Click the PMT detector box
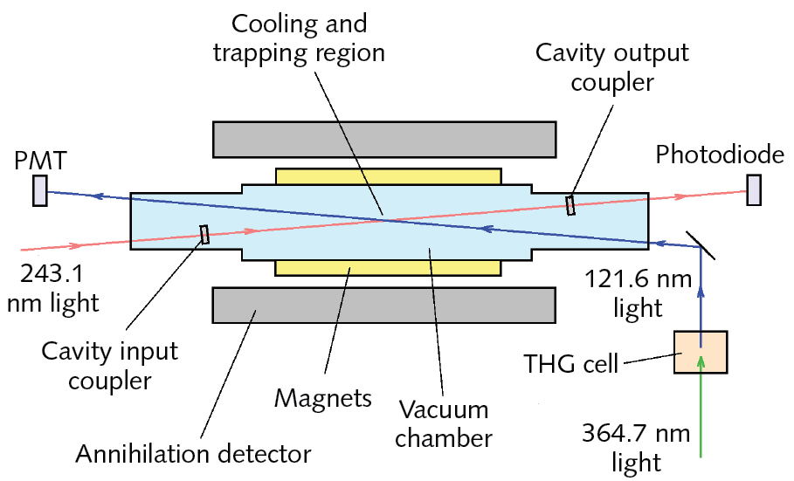coord(40,191)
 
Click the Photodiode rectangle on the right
coord(753,191)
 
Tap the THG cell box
coord(701,353)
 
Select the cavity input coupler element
coord(204,236)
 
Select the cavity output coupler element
coord(570,204)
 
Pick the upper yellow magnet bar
coord(388,176)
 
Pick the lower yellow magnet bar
coord(388,267)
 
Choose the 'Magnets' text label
coord(322,399)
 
